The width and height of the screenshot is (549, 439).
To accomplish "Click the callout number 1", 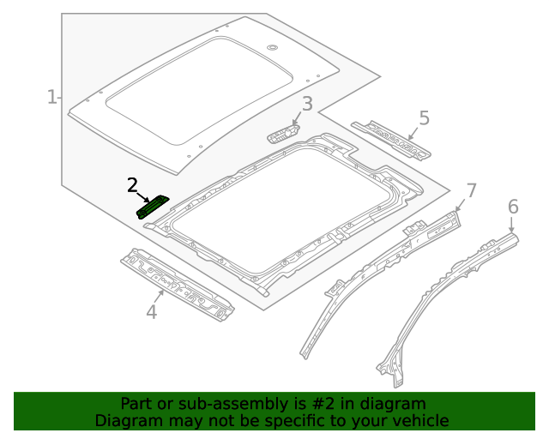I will [x=51, y=97].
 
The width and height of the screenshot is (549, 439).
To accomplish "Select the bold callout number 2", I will [x=132, y=184].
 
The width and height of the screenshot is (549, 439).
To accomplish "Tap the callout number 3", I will [x=307, y=105].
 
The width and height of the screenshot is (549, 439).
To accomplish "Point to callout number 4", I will [x=151, y=312].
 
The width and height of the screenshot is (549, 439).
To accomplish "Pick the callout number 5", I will [x=424, y=118].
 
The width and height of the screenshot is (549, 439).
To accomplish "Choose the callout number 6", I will [x=513, y=207].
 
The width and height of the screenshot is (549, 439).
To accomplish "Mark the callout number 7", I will [x=470, y=189].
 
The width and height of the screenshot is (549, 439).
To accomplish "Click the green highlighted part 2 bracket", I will [x=153, y=207].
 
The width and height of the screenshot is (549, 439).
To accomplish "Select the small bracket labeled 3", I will [x=283, y=133].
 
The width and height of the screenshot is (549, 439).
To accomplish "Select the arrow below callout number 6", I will [x=513, y=225].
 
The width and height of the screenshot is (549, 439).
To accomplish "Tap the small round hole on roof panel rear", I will [x=271, y=46].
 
